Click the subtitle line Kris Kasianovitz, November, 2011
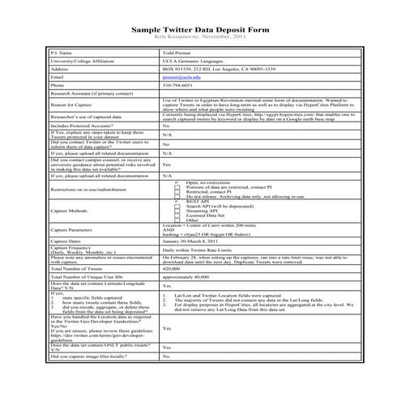point(200,37)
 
